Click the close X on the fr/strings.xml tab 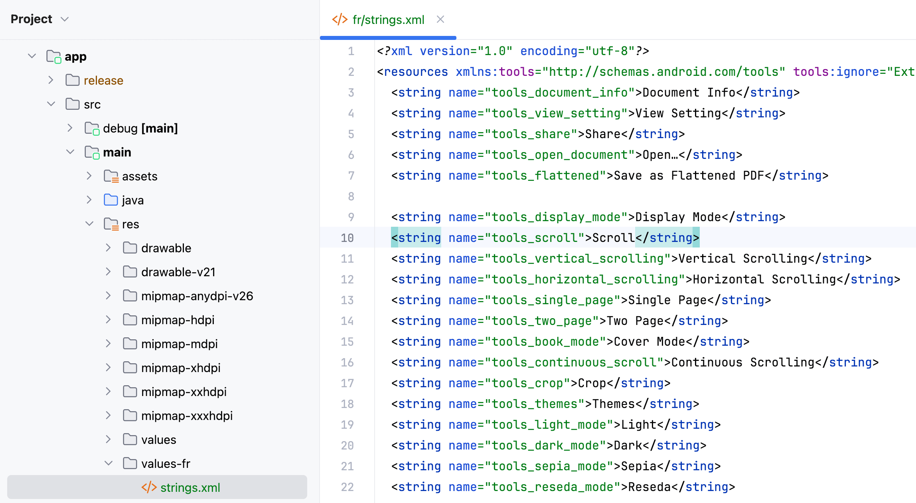coord(440,19)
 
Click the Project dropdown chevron coord(65,19)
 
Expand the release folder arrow coord(51,80)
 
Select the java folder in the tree coord(132,200)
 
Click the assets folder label coord(140,176)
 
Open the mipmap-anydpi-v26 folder coord(197,296)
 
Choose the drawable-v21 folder coord(178,272)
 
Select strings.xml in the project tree coord(190,487)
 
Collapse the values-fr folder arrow coord(108,463)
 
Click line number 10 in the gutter coord(347,238)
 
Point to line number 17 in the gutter coord(347,383)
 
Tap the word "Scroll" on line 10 coord(613,238)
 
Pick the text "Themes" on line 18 coord(613,404)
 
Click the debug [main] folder coord(140,128)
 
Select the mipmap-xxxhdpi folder coord(187,416)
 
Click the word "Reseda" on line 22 coord(649,487)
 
